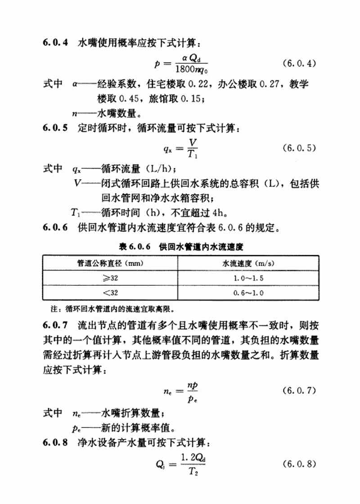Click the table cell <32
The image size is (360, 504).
click(x=110, y=293)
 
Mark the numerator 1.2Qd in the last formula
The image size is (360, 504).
click(x=193, y=457)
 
